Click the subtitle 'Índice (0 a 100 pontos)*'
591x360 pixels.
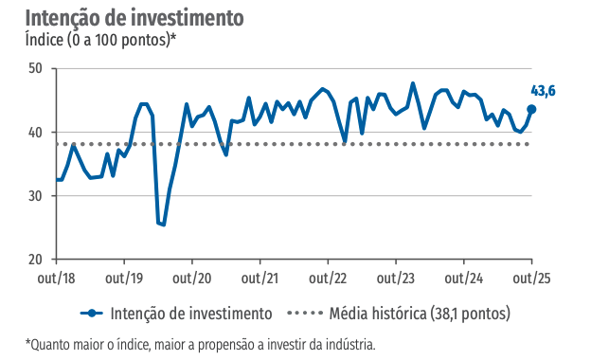coord(100,41)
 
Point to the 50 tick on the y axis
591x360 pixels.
coord(35,68)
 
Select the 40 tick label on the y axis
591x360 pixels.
coord(35,133)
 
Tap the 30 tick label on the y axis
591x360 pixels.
coord(35,196)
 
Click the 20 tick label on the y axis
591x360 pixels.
coord(35,260)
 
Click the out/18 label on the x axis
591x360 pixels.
coord(57,279)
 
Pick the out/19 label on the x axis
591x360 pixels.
coord(124,279)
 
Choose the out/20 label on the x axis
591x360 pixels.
coord(192,279)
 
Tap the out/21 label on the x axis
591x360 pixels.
coord(260,279)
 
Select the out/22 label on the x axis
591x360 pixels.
coord(328,279)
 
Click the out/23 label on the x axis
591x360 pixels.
coord(395,279)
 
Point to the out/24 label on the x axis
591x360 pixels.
coord(463,279)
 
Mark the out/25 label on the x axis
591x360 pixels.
coord(530,279)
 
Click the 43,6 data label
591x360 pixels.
coord(543,91)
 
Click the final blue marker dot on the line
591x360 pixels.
coord(531,109)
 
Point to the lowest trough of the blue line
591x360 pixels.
coord(163,225)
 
